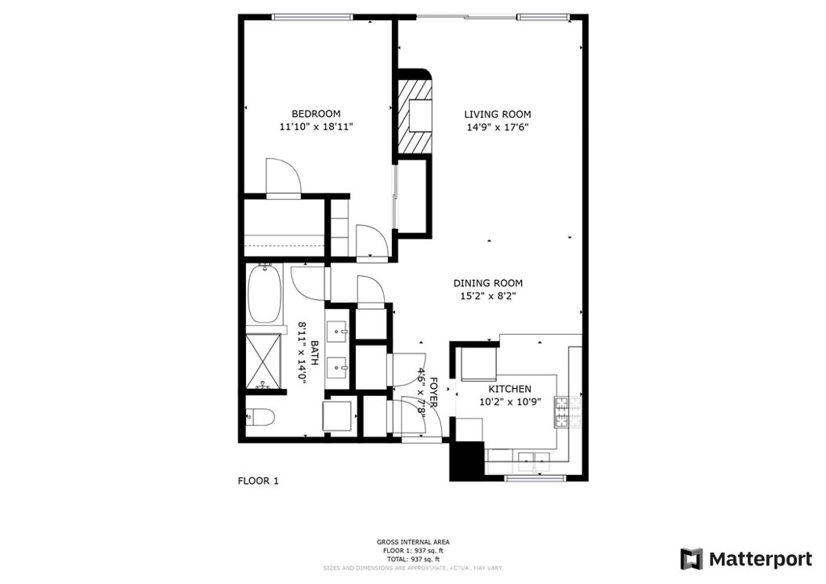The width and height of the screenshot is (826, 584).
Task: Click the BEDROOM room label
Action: (x=315, y=114)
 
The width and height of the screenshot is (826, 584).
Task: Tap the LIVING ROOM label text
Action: (x=497, y=115)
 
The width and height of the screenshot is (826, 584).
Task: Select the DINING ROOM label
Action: (x=487, y=283)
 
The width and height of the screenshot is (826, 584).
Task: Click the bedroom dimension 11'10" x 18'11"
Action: (x=315, y=127)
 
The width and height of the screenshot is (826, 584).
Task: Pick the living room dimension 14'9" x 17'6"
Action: (x=497, y=127)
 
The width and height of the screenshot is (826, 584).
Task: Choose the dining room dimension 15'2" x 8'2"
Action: (x=487, y=296)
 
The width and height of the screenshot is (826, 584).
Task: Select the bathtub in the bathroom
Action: (x=264, y=294)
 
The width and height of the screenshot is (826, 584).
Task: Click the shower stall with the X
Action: (x=264, y=361)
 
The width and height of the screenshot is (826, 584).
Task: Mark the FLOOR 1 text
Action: (x=257, y=482)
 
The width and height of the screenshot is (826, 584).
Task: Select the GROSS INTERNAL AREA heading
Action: (x=413, y=542)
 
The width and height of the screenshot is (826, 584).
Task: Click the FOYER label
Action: (x=433, y=390)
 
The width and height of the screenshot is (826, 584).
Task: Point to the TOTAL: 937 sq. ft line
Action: (x=413, y=559)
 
